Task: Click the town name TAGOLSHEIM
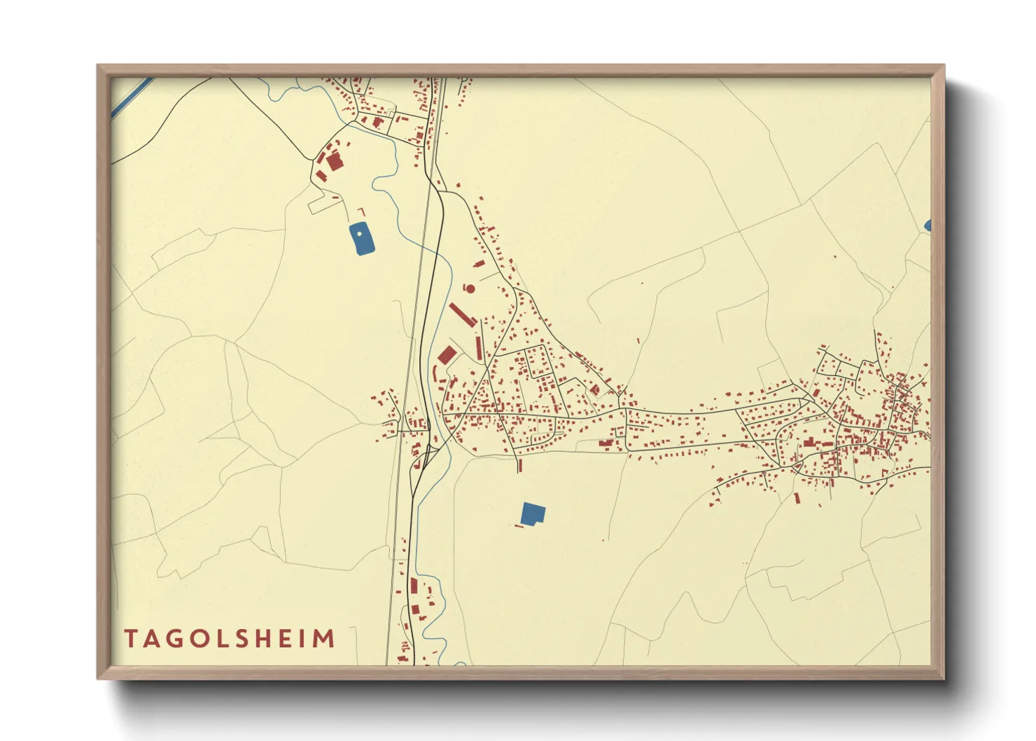pyautogui.click(x=230, y=639)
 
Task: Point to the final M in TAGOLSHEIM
pyautogui.click(x=324, y=639)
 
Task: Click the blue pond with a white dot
pyautogui.click(x=361, y=240)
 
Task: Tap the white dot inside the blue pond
pyautogui.click(x=360, y=234)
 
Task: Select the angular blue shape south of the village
pyautogui.click(x=533, y=513)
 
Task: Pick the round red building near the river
pyautogui.click(x=470, y=289)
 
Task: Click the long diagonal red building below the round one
pyautogui.click(x=463, y=314)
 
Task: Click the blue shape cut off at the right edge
pyautogui.click(x=927, y=226)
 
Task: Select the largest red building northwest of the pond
pyautogui.click(x=335, y=162)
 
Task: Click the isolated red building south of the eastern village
pyautogui.click(x=797, y=498)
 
